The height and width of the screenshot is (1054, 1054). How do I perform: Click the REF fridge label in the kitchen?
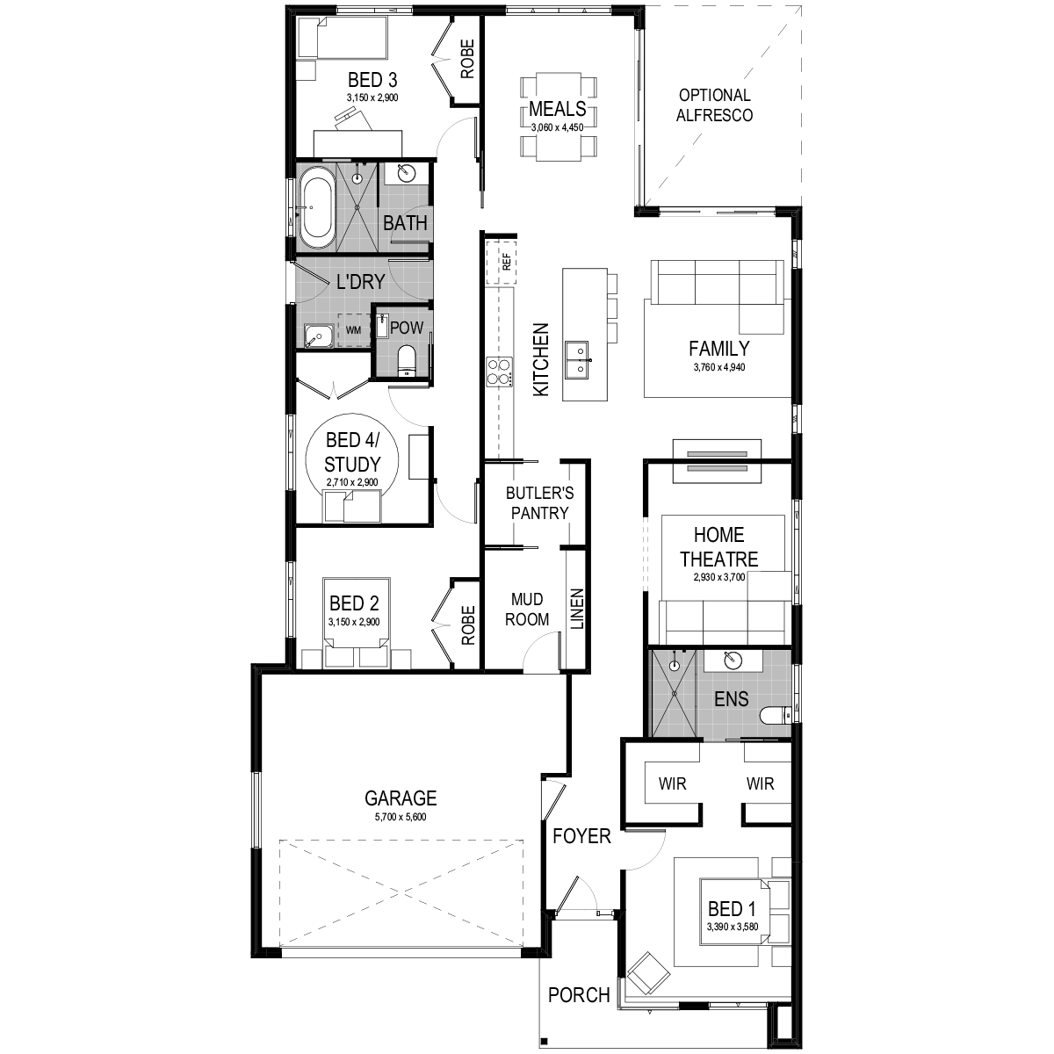pos(506,262)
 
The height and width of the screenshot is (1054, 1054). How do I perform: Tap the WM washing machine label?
pos(353,330)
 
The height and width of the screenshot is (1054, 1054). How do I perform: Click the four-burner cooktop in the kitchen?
pos(500,372)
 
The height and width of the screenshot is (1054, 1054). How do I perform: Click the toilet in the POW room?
pos(406,361)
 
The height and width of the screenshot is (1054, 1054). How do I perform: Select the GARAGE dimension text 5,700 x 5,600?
pos(401,817)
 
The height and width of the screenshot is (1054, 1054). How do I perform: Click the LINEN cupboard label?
pos(577,610)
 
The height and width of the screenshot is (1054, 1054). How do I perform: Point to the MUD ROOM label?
pos(527,610)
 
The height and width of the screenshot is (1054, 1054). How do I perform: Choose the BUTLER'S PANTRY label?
pos(539,503)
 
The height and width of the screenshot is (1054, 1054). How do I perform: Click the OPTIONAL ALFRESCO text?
pos(714,105)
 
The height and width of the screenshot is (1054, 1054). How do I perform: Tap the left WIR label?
pos(672,783)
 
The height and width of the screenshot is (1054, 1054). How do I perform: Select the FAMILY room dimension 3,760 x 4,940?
pos(719,367)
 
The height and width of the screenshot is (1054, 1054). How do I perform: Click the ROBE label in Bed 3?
pos(467,59)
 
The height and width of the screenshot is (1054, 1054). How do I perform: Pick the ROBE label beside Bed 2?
pos(468,625)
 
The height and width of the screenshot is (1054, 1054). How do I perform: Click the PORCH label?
pos(579,995)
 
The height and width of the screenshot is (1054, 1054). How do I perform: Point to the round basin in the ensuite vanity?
pos(732,661)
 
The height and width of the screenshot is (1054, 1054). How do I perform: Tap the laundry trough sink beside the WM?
pos(319,336)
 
